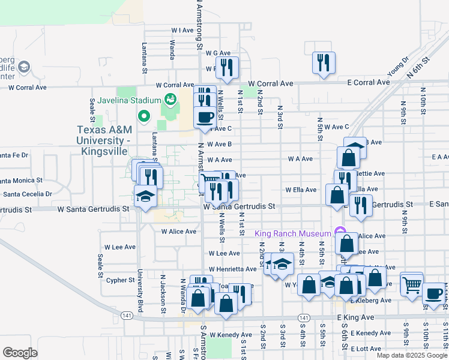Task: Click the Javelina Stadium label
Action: coord(129,100)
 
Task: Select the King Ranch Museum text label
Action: coord(293,233)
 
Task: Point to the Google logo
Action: coord(20,353)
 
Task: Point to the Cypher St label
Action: coord(120,280)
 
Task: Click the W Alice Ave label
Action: coord(178,232)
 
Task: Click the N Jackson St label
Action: coord(163,295)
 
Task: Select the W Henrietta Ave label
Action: coord(233,269)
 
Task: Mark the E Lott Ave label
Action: coord(366,349)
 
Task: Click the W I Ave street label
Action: coord(182,29)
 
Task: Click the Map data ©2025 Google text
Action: coord(412,355)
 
